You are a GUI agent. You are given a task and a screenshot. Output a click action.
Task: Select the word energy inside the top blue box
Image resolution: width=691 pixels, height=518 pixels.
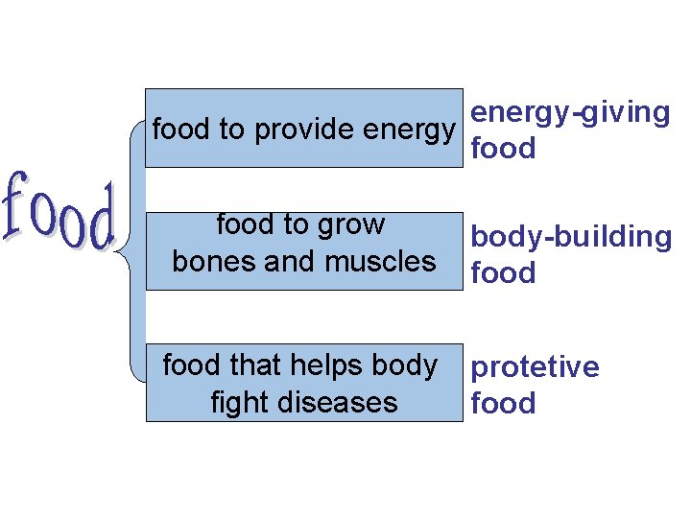click(411, 130)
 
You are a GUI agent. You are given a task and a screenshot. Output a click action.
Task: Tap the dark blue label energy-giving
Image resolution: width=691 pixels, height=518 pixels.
click(571, 113)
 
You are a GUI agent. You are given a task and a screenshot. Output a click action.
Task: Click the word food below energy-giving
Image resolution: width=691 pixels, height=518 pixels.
click(503, 150)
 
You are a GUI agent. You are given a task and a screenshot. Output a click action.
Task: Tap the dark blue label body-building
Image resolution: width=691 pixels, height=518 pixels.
click(571, 237)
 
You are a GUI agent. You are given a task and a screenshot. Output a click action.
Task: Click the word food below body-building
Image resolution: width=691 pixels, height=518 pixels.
click(503, 273)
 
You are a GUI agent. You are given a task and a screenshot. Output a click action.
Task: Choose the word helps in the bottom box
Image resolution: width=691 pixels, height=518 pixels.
click(331, 366)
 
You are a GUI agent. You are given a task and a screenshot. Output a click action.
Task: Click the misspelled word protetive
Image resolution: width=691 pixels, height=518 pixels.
click(535, 367)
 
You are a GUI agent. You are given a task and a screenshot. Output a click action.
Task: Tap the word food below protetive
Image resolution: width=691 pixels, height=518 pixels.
click(503, 404)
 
